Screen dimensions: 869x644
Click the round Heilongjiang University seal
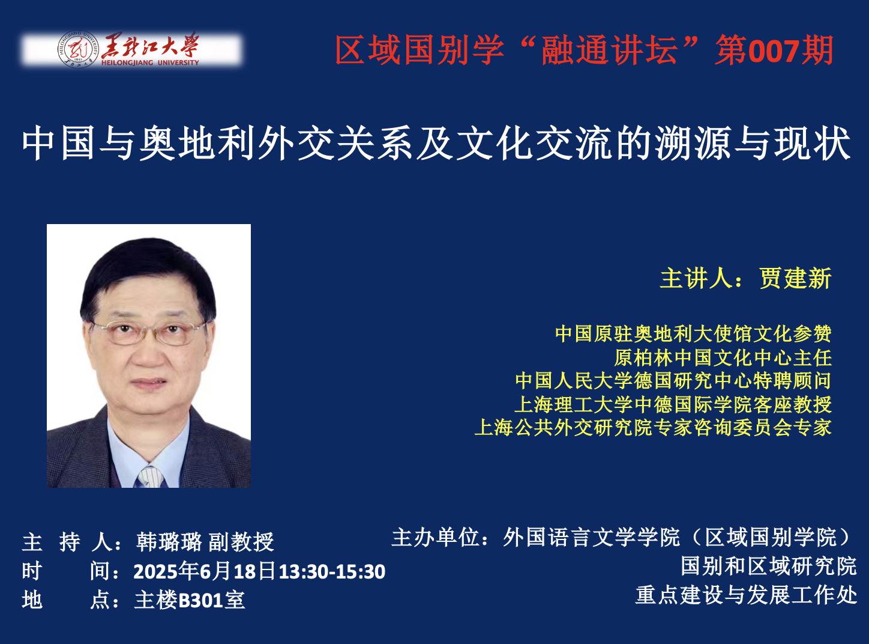[x=79, y=49]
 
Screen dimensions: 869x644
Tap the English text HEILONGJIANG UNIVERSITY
[x=150, y=62]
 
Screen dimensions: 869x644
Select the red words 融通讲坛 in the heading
[x=609, y=50]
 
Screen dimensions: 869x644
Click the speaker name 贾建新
[x=795, y=279]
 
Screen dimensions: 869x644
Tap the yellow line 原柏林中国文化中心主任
[x=723, y=357]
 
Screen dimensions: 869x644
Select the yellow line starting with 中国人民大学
[x=673, y=380]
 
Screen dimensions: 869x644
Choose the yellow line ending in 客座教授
[x=673, y=404]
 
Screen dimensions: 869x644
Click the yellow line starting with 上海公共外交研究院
[x=653, y=428]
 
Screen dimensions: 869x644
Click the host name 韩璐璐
[x=169, y=542]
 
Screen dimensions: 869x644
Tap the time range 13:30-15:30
[x=332, y=572]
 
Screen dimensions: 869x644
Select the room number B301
[x=201, y=600]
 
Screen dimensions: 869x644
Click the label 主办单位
[x=435, y=537]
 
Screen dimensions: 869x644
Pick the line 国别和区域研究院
[x=769, y=567]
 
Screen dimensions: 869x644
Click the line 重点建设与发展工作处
[x=747, y=595]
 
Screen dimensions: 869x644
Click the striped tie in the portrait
[x=149, y=477]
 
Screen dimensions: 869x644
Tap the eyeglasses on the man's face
[x=148, y=333]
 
